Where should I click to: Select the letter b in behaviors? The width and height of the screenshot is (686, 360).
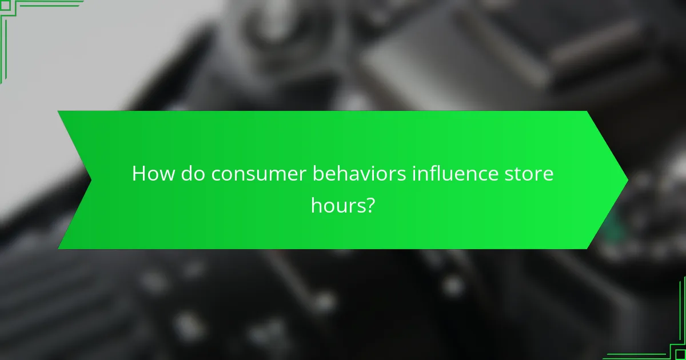[x=317, y=174]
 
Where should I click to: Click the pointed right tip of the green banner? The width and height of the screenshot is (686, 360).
[x=628, y=180]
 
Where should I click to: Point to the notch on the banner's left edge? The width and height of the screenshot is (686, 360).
[x=90, y=180]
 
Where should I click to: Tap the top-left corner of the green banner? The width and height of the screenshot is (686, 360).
[x=58, y=111]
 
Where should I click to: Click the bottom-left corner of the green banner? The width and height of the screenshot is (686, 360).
[x=58, y=249]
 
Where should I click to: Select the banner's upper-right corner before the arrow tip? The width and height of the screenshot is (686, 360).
[x=587, y=111]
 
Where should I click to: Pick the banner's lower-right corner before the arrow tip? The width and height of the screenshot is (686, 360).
[x=587, y=249]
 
